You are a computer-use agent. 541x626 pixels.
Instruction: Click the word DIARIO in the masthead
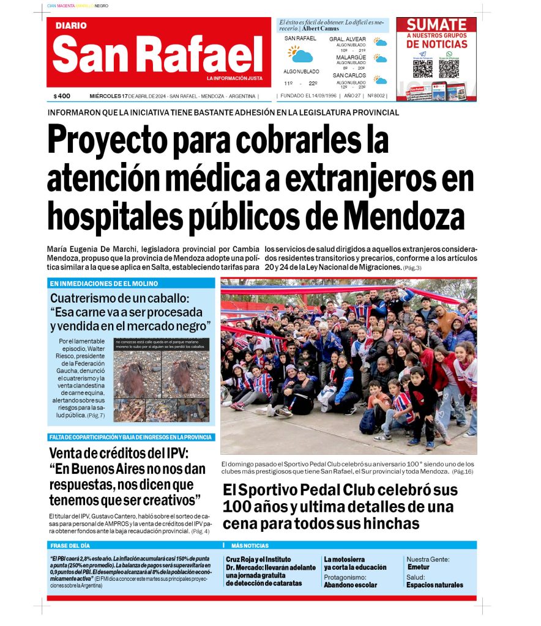click(71, 26)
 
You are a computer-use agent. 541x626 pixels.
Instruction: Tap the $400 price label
click(62, 96)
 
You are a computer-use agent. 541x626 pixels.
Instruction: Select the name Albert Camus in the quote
click(320, 29)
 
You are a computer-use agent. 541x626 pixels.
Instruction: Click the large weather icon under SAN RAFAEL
click(300, 54)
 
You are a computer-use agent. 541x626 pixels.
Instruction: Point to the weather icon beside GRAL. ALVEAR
click(381, 42)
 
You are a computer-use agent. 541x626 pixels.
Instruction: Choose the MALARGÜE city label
click(351, 57)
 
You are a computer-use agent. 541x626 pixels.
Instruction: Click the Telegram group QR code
click(423, 68)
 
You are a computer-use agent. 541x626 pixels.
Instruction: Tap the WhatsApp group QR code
click(449, 68)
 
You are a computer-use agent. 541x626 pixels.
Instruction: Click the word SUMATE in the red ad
click(436, 25)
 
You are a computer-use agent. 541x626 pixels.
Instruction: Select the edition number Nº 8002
click(376, 96)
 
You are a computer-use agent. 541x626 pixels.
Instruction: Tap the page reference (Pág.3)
click(412, 268)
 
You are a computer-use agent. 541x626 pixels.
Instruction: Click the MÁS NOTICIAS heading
click(250, 545)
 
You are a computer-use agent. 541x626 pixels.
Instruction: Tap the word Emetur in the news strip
click(419, 567)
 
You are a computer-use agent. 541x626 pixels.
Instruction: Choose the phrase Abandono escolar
click(350, 585)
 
